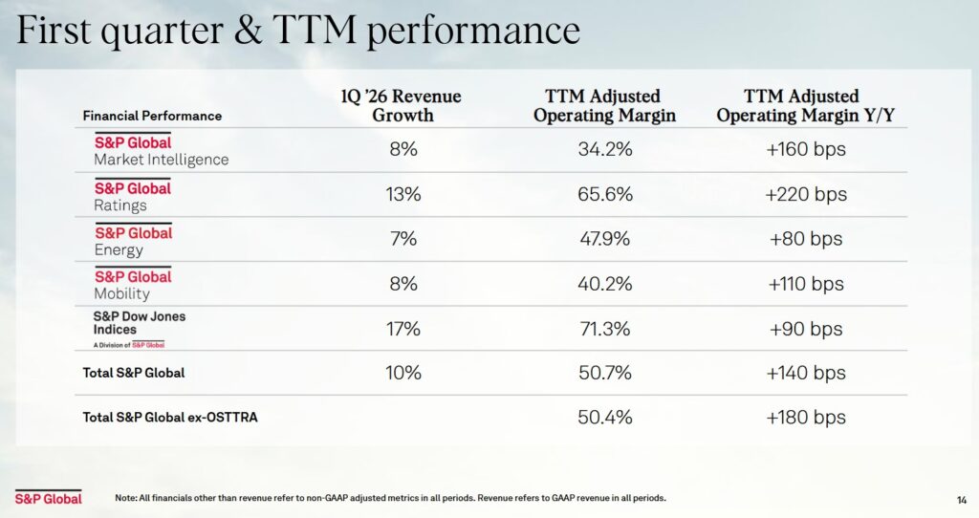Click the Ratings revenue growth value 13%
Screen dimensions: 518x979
(x=402, y=194)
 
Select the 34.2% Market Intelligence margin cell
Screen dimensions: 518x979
(x=605, y=150)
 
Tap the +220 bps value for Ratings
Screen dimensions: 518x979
(x=806, y=194)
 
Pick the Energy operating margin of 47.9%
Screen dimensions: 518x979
(x=605, y=239)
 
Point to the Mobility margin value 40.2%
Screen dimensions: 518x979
(x=605, y=284)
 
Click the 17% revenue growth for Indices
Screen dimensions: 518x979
(x=402, y=329)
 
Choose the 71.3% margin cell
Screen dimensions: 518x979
(x=605, y=329)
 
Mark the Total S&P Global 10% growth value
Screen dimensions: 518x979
(x=402, y=373)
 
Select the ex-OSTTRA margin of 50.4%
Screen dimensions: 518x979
(x=605, y=418)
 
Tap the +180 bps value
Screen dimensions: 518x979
(x=806, y=418)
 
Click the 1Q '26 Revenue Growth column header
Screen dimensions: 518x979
(x=401, y=106)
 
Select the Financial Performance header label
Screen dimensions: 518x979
(x=152, y=116)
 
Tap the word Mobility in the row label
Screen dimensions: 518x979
(x=121, y=294)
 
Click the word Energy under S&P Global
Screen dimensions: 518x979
(x=119, y=250)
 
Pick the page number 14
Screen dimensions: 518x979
(x=962, y=499)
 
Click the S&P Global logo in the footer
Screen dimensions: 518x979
(x=48, y=498)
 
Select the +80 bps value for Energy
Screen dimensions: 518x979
(x=806, y=239)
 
